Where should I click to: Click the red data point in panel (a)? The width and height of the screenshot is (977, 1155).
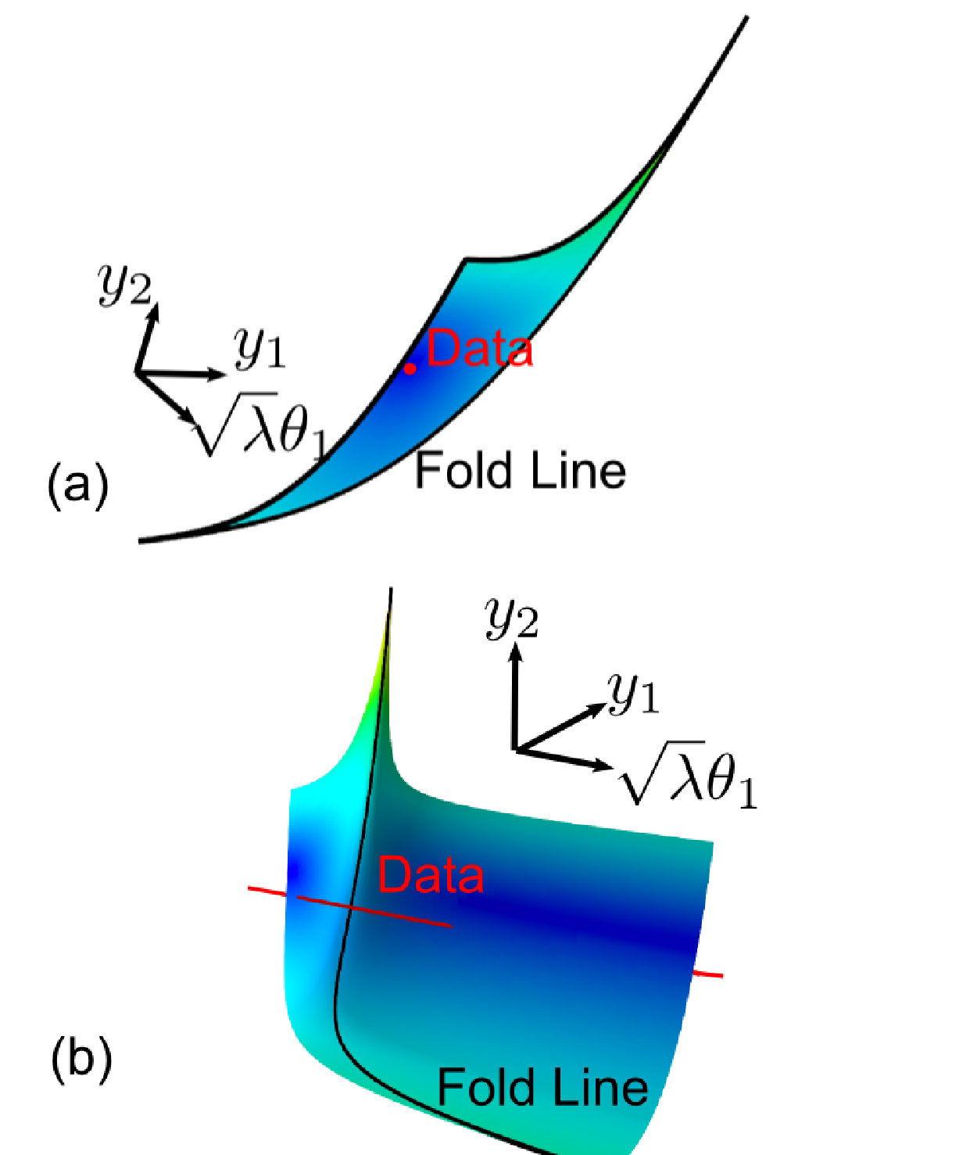[410, 368]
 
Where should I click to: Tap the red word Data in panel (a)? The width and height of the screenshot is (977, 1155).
[480, 349]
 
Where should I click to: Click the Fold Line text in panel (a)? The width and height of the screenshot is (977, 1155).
[520, 470]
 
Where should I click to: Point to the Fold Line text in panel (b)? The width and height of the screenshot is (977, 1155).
[542, 1087]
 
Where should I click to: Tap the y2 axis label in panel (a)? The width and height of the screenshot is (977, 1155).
[124, 285]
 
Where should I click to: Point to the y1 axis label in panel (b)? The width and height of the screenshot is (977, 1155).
[633, 694]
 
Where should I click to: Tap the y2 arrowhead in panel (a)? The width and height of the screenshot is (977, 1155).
[152, 312]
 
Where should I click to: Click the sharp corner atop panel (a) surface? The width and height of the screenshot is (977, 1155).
[465, 260]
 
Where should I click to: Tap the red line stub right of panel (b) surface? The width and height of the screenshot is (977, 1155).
[708, 974]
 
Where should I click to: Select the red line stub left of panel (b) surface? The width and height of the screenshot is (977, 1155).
[267, 891]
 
